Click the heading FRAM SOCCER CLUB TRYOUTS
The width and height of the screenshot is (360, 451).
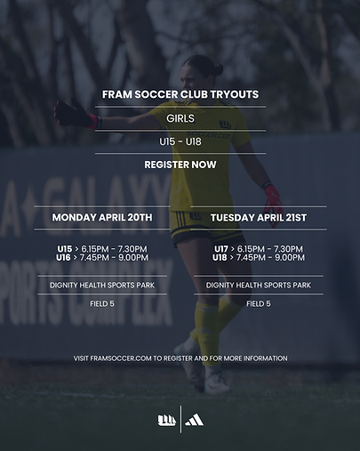180,94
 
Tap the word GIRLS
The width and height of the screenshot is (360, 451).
180,117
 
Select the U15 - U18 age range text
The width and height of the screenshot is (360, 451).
180,141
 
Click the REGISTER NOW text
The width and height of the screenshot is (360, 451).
180,165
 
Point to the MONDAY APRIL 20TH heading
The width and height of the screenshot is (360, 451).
102,217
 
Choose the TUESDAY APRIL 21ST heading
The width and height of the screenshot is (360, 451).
258,217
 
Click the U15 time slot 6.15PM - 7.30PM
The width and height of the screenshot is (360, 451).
102,248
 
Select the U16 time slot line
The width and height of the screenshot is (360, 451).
102,257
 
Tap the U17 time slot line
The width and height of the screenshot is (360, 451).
258,248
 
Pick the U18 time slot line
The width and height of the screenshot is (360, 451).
258,257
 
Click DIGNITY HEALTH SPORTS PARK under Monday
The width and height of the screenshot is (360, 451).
102,286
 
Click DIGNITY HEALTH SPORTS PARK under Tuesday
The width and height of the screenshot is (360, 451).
258,286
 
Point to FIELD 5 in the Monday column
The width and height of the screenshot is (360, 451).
102,303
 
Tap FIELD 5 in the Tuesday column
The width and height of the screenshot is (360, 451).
258,303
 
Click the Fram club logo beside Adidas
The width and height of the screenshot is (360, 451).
165,420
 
